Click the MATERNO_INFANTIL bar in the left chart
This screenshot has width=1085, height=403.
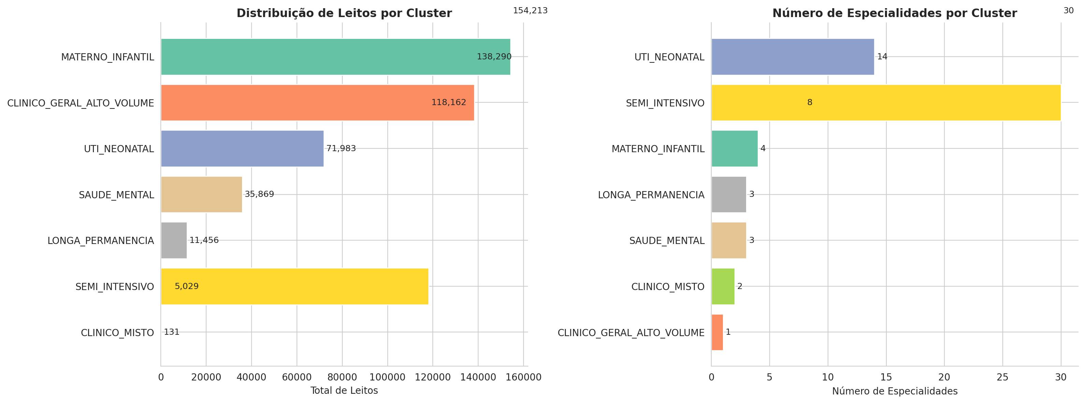coord(335,57)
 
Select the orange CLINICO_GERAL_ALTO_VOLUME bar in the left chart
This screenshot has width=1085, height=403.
coord(317,103)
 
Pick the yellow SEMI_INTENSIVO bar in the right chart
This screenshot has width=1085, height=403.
coord(886,103)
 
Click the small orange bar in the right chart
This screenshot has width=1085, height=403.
coord(717,332)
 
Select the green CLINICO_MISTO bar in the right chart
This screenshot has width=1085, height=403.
coord(723,286)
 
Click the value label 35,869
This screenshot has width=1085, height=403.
coord(259,194)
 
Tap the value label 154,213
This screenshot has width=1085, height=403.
coord(530,11)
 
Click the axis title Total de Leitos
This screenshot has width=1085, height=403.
coord(344,391)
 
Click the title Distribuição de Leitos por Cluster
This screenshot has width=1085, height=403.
coord(344,13)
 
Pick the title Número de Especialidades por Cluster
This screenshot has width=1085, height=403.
coord(895,13)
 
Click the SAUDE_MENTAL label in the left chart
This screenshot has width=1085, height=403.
coord(116,195)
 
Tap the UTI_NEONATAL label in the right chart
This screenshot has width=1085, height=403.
coord(669,57)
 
